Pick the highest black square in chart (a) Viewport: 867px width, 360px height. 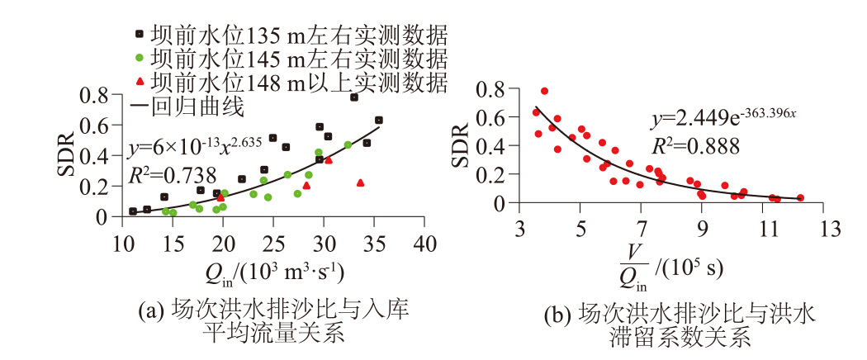click(x=354, y=97)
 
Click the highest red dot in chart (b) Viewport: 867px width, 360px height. click(x=544, y=91)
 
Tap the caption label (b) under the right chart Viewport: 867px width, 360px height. click(x=559, y=315)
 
